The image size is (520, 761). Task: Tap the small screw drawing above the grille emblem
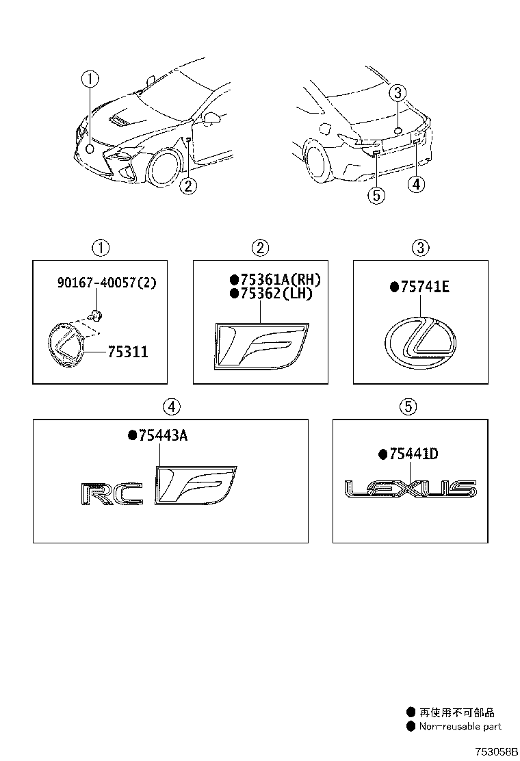97,315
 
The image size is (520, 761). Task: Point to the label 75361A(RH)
275,279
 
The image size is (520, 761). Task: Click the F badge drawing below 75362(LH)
261,346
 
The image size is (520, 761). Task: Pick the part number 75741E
419,287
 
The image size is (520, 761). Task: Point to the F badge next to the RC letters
194,487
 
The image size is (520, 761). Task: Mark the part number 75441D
408,454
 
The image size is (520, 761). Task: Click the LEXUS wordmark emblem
410,489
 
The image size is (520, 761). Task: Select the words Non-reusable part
460,726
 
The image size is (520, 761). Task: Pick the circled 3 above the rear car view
399,94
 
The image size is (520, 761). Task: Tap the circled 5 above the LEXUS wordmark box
408,407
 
